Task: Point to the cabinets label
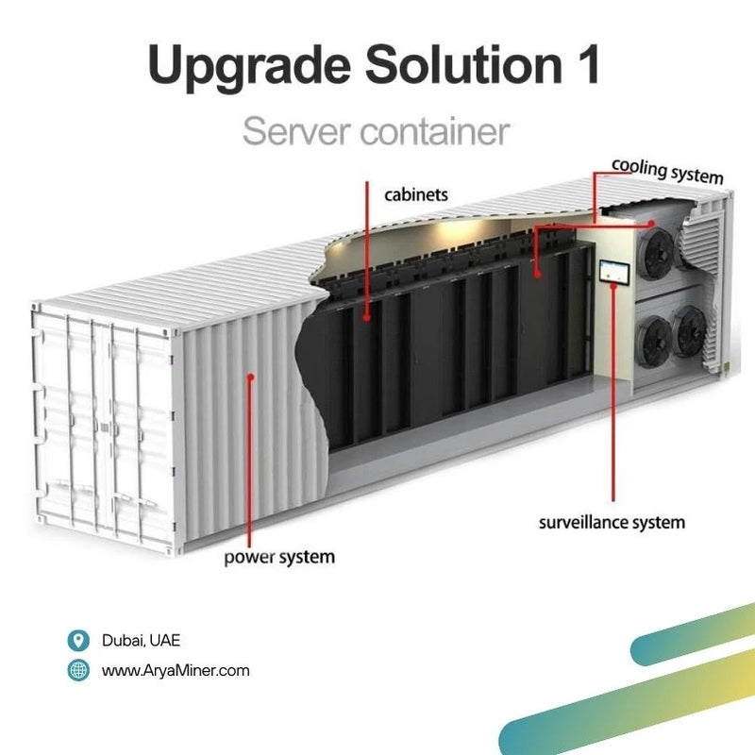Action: [416, 195]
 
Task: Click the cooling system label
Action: [667, 172]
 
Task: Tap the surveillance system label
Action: [612, 521]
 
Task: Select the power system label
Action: [279, 557]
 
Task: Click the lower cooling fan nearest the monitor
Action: [653, 337]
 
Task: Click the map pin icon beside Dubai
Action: [79, 641]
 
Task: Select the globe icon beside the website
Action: [79, 671]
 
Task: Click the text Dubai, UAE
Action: [141, 641]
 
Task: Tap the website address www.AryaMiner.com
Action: [176, 671]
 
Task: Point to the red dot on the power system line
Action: [250, 377]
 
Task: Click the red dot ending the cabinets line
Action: [366, 318]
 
